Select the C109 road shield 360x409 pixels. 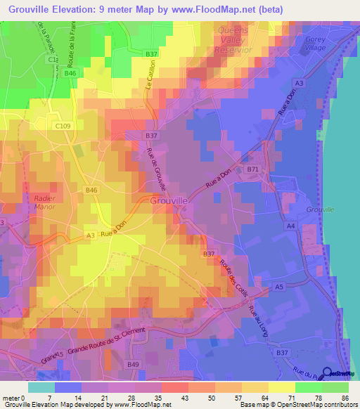(62, 126)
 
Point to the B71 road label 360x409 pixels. (252, 169)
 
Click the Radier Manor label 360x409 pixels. (49, 203)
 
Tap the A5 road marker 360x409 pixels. (278, 287)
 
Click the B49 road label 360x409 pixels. (134, 364)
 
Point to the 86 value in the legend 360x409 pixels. (345, 397)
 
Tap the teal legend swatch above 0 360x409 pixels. (41, 387)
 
